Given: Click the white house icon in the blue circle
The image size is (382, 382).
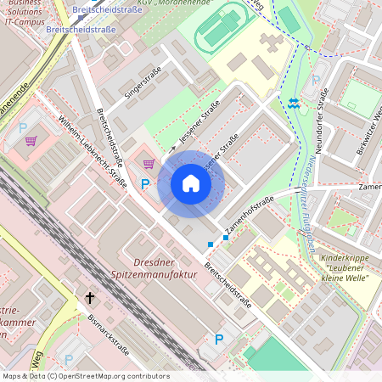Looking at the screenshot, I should (x=191, y=183).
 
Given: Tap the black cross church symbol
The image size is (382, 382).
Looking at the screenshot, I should (x=90, y=298).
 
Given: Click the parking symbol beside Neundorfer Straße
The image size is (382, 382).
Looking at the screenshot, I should (x=316, y=81).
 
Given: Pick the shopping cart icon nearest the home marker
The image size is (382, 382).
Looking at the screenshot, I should (x=149, y=164).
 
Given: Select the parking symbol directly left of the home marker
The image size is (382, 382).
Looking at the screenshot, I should (x=145, y=183).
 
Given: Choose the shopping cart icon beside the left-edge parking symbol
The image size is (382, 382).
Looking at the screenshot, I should (x=31, y=141).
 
